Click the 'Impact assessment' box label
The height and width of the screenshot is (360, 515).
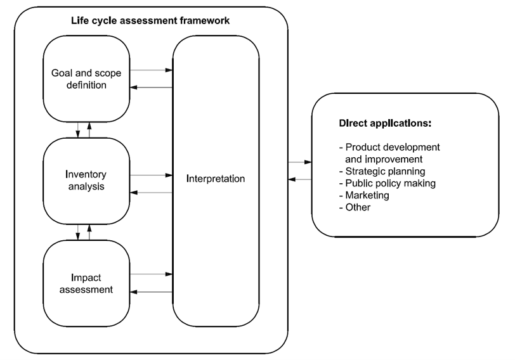point(87,283)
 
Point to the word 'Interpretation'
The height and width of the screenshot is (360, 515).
point(216,179)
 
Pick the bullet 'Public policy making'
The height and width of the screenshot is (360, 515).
point(388,183)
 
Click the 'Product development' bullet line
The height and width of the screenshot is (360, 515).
point(389,147)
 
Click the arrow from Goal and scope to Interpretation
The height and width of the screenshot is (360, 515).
point(151,70)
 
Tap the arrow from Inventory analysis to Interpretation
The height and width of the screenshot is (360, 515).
point(151,174)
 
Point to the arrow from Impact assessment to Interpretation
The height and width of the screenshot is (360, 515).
point(151,274)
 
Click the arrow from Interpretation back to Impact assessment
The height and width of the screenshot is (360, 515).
point(151,292)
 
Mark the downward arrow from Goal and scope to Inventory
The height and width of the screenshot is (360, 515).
point(78,129)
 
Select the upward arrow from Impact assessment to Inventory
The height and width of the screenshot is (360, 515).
point(89,232)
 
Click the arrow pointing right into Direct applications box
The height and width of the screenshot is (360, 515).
point(299,163)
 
